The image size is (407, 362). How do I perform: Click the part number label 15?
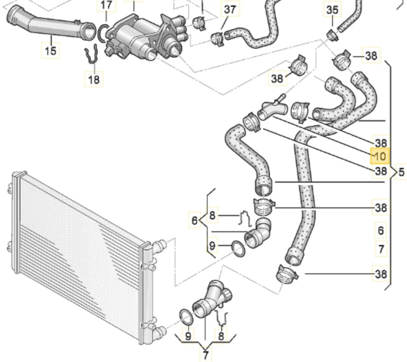click(51, 51)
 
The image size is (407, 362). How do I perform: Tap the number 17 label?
click(106, 6)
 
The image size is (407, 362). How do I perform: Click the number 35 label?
click(332, 10)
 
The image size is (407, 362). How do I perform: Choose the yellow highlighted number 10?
click(379, 156)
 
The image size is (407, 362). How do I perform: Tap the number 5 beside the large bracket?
click(401, 172)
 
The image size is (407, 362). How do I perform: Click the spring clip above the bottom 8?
click(222, 319)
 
